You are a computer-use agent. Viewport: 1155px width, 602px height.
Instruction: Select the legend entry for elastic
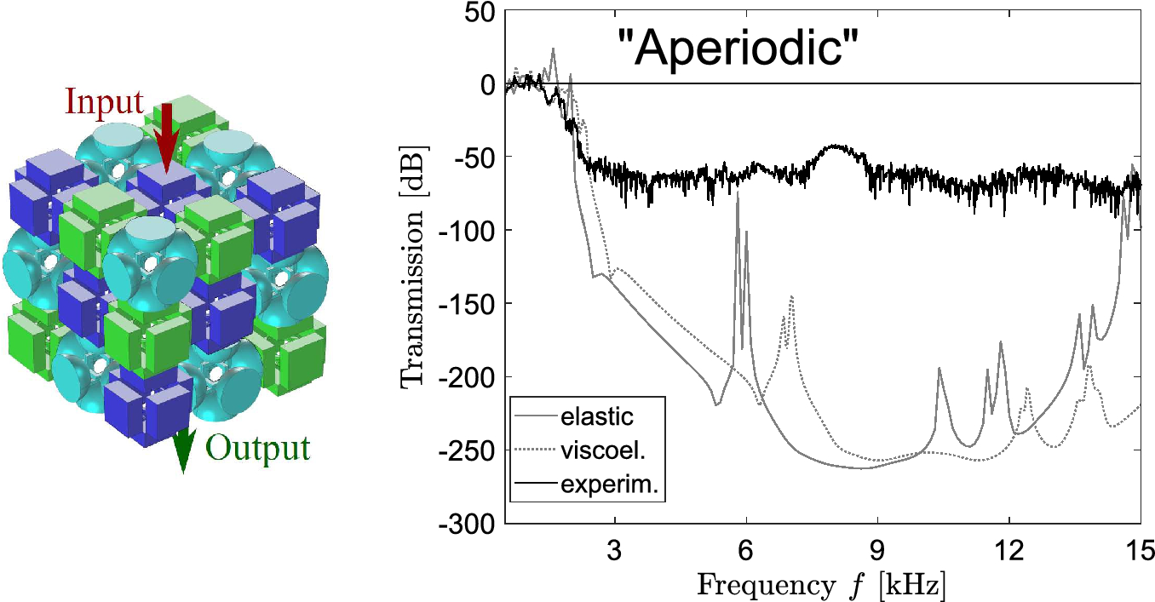(596, 417)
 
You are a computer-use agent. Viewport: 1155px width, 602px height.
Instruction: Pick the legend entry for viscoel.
(600, 451)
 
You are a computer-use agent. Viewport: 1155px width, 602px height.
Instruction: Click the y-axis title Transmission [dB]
(415, 267)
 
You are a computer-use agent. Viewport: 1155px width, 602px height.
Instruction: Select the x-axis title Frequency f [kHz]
(822, 586)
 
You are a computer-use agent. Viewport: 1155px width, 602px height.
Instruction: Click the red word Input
(105, 103)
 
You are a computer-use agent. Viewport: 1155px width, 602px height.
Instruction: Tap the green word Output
(257, 448)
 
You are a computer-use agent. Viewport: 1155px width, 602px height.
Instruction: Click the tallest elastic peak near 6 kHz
(738, 195)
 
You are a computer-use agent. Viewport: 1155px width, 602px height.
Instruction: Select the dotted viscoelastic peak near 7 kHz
(792, 297)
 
